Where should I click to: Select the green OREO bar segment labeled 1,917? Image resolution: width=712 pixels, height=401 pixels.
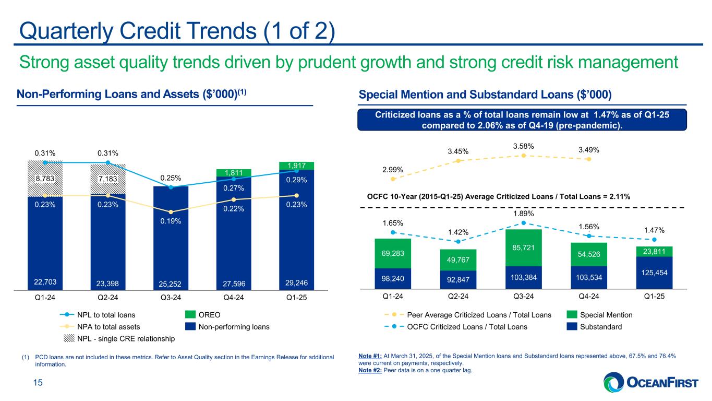296,166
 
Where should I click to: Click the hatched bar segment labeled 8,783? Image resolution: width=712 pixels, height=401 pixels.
45,178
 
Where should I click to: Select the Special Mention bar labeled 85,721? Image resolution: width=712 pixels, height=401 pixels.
523,248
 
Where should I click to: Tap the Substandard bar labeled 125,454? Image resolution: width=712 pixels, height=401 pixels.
654,273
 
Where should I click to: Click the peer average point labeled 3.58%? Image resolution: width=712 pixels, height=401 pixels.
523,155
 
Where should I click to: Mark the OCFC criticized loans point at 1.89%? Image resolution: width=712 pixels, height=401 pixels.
523,223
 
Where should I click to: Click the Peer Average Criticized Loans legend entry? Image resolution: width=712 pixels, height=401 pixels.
478,315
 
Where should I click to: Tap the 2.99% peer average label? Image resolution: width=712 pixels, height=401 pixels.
393,170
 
